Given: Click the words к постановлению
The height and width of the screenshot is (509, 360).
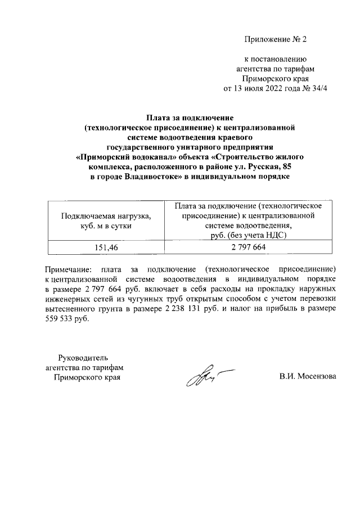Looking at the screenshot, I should pos(274,58).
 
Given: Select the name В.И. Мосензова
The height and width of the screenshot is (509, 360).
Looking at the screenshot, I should pos(307,376).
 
